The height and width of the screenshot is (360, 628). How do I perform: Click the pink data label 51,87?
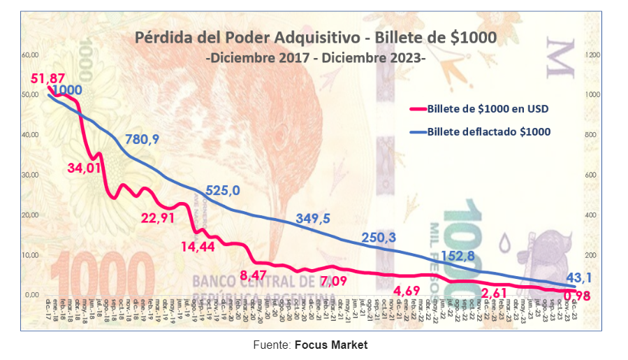[48, 78]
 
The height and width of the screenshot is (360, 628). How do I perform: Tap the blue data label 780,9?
[142, 139]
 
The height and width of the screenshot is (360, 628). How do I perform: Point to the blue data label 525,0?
[223, 190]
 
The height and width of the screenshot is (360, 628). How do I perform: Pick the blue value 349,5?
[312, 219]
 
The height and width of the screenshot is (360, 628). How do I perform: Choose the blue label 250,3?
[379, 238]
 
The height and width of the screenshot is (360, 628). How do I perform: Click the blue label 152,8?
[458, 256]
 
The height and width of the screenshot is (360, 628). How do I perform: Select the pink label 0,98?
[577, 296]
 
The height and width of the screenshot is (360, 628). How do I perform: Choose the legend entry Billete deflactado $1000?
[489, 131]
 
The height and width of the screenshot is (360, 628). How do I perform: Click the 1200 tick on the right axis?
[592, 55]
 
